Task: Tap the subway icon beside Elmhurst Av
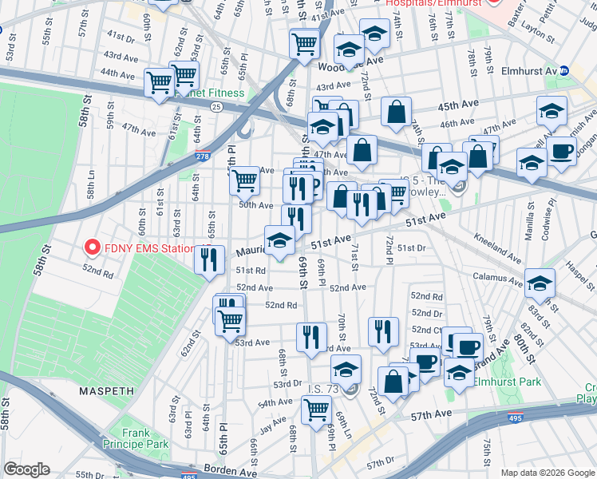pyautogui.click(x=563, y=70)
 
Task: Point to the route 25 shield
pyautogui.click(x=216, y=105)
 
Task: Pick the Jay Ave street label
pyautogui.click(x=272, y=422)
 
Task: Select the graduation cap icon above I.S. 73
pyautogui.click(x=346, y=369)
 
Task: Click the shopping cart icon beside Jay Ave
pyautogui.click(x=316, y=410)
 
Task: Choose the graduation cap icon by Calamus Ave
pyautogui.click(x=540, y=283)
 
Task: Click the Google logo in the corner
pyautogui.click(x=27, y=469)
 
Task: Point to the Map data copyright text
pyautogui.click(x=547, y=473)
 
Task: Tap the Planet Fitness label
pyautogui.click(x=217, y=93)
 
